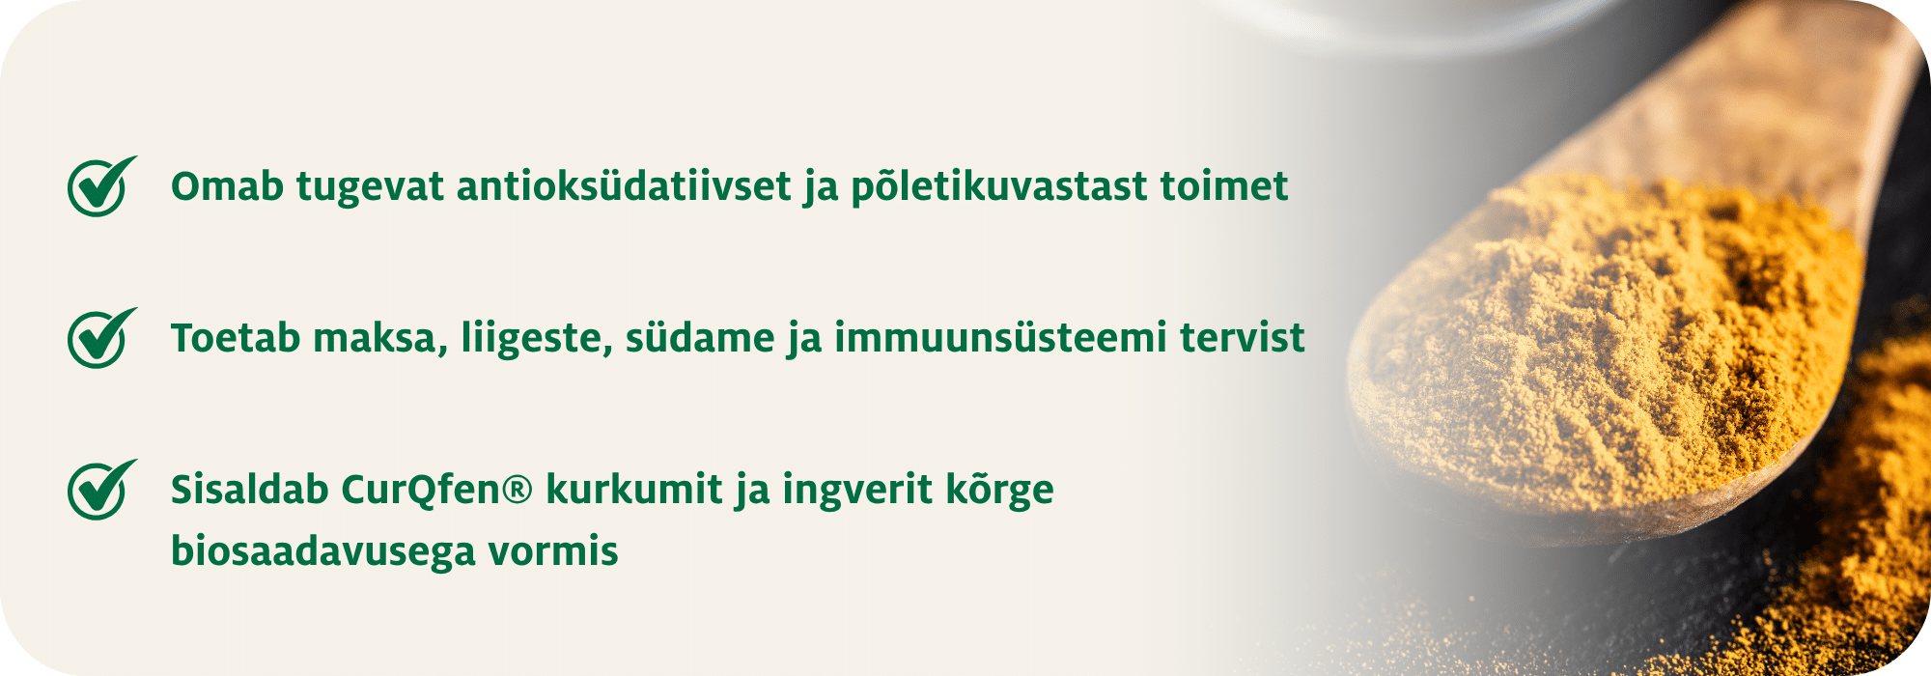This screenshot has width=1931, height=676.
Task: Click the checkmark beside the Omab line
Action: coord(99,186)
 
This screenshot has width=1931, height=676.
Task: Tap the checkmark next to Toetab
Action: coord(99,338)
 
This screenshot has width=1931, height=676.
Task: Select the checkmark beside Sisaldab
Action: coord(99,490)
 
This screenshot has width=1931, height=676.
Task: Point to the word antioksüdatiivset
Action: coord(624,186)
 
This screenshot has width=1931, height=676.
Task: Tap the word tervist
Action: coord(1243,339)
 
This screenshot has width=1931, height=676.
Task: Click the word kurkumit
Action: coord(633,491)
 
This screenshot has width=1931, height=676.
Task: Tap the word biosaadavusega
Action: coord(322,551)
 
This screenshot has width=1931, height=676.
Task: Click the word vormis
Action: coord(553,551)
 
